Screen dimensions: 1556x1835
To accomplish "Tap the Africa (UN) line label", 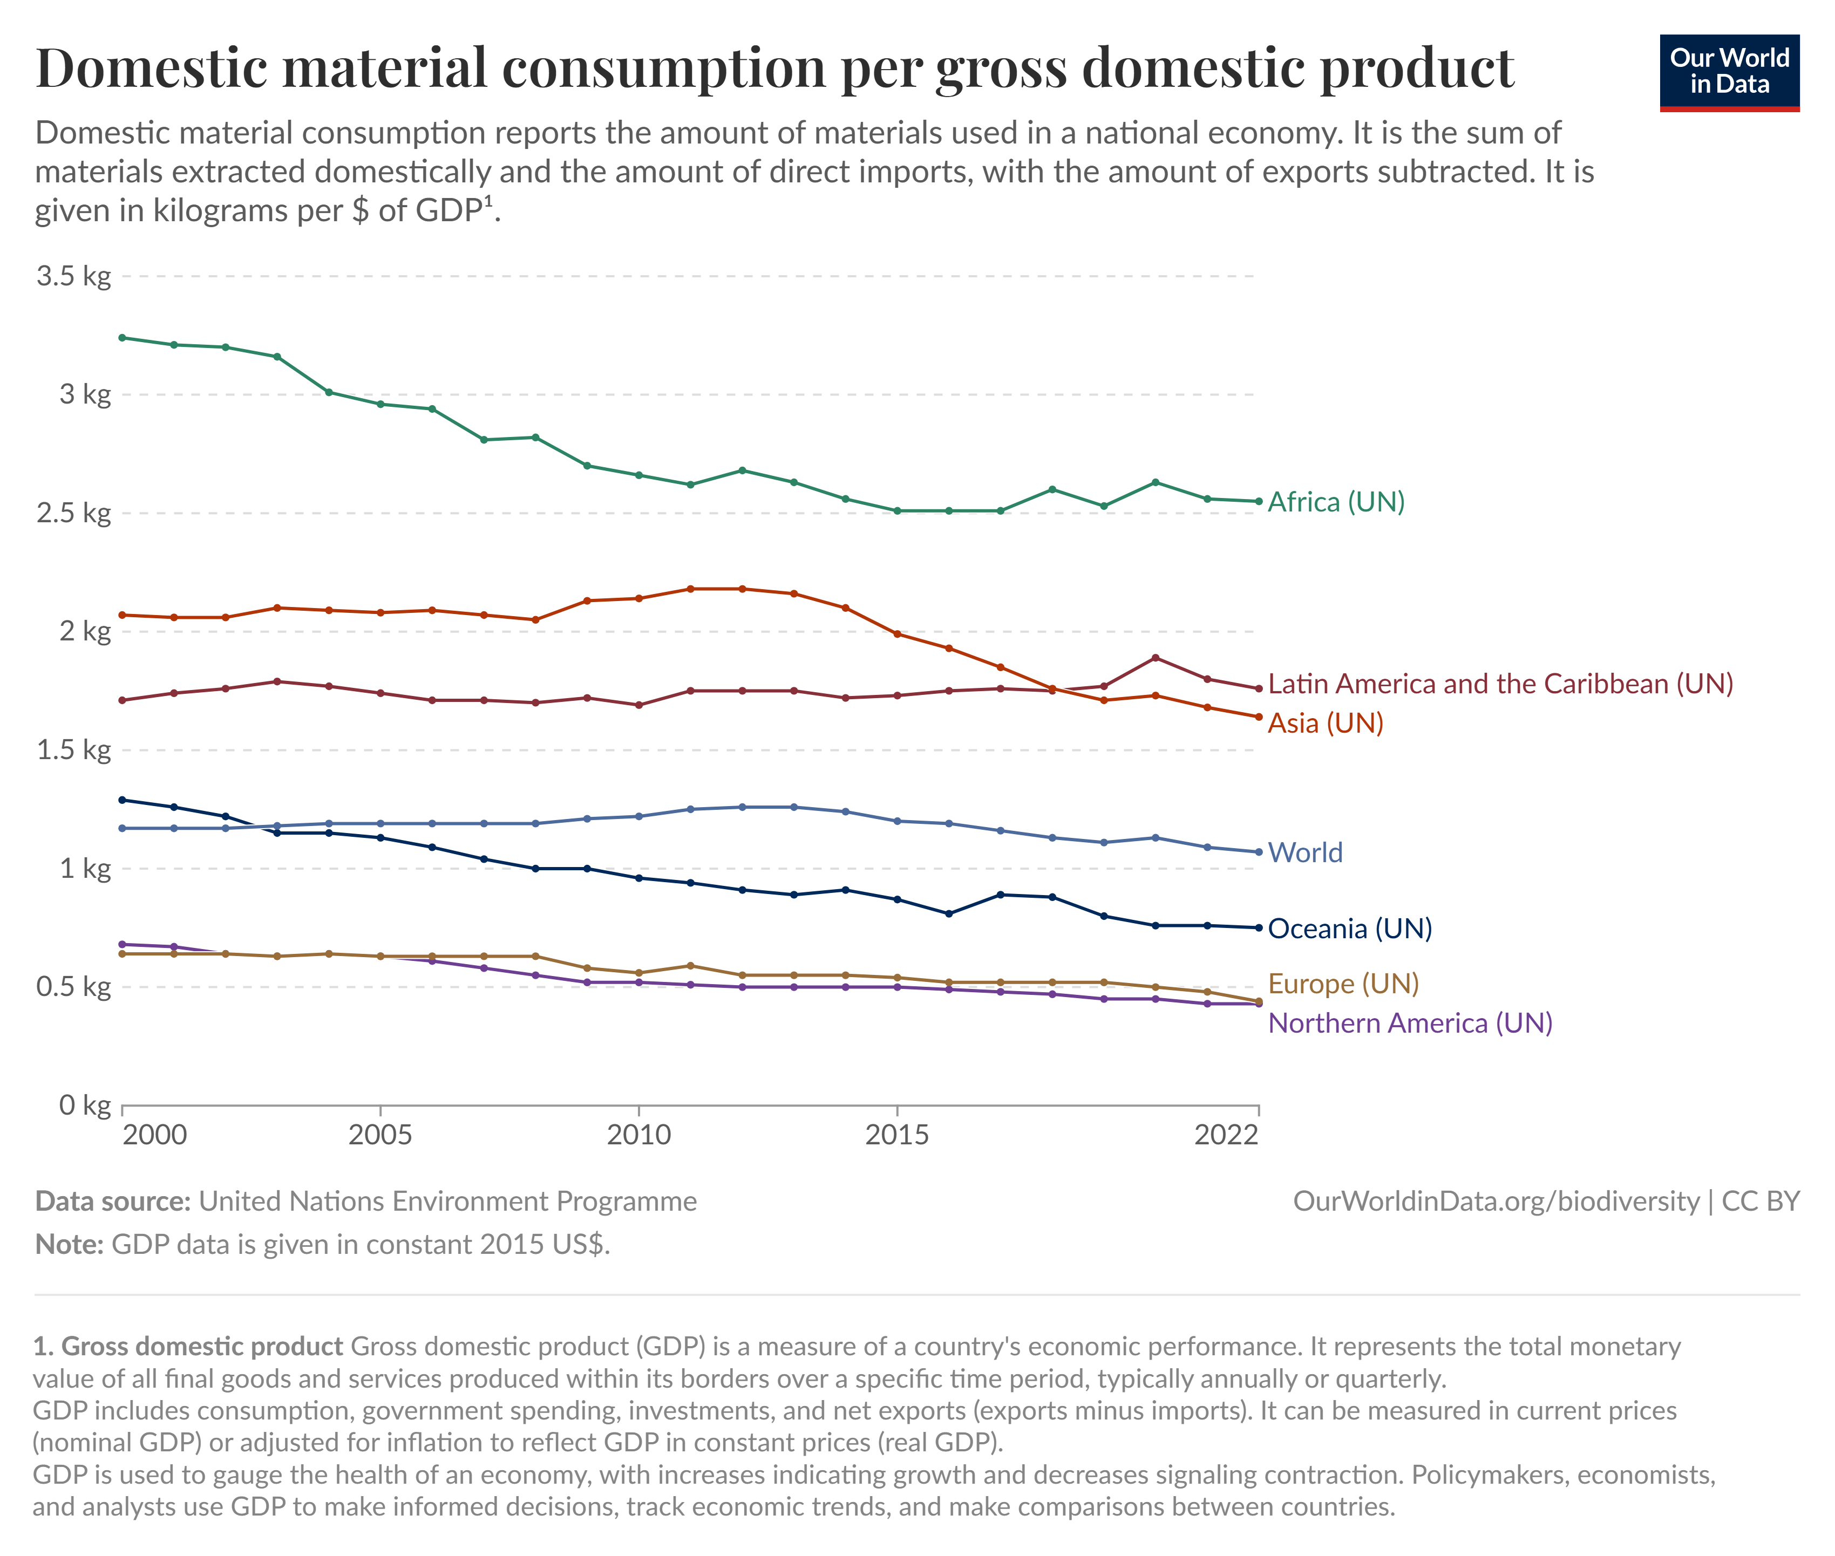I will click(1336, 502).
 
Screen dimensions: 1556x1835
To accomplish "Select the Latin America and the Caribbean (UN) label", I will click(1500, 684).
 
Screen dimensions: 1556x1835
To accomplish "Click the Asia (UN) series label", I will click(1325, 724).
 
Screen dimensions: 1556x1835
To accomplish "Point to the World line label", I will click(1305, 852).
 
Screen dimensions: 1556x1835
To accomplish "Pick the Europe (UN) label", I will click(1343, 984).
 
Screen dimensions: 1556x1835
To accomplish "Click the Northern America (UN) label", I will click(1410, 1023).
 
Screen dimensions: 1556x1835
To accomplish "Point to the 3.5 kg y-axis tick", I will click(74, 276).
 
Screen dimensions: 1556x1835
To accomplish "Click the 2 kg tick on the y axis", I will click(85, 632).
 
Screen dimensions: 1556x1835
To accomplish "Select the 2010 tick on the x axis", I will click(638, 1135).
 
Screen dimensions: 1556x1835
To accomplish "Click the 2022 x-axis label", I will click(1225, 1135).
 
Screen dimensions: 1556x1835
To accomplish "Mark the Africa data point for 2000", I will click(123, 338).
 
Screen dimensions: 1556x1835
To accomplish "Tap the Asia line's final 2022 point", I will click(1259, 717).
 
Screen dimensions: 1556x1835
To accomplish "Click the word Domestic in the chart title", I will click(151, 68).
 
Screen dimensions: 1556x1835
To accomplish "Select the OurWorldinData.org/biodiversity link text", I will click(1496, 1202).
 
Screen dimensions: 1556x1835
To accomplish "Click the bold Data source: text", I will click(113, 1202).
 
